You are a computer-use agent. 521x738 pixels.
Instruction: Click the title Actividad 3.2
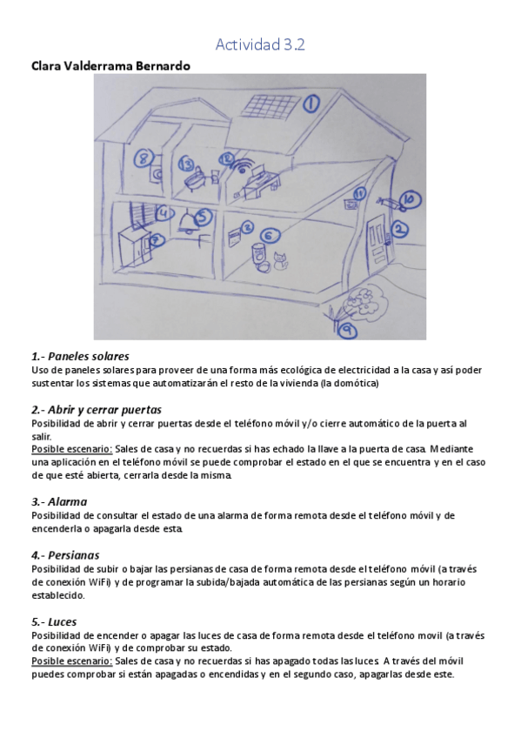pyautogui.click(x=260, y=45)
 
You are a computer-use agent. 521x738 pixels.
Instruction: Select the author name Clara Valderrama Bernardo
pyautogui.click(x=110, y=66)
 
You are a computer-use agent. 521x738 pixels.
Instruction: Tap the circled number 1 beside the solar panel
pyautogui.click(x=311, y=105)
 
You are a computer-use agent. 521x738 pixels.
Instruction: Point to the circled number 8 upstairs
pyautogui.click(x=145, y=158)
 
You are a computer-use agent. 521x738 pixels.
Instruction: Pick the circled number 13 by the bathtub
pyautogui.click(x=186, y=163)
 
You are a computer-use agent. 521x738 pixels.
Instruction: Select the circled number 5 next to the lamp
pyautogui.click(x=203, y=216)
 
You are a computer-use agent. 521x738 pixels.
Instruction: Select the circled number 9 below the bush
pyautogui.click(x=348, y=330)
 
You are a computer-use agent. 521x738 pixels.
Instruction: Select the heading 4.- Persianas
pyautogui.click(x=65, y=554)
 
